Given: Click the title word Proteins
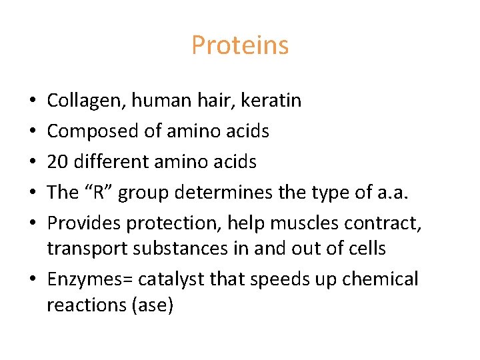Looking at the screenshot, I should [240, 45].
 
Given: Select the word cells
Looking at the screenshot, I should [366, 248].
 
